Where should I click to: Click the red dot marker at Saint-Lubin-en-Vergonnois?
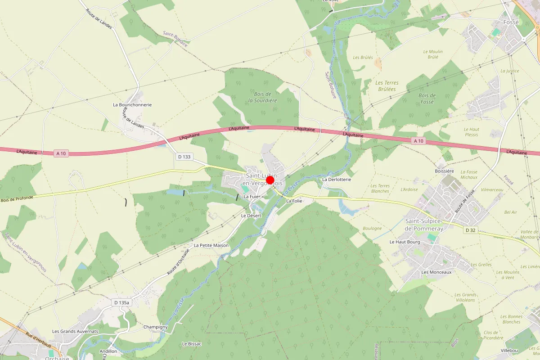[x=270, y=180]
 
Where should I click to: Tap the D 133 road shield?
[x=184, y=157]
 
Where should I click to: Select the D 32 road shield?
[x=470, y=230]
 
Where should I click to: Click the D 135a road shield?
[x=121, y=303]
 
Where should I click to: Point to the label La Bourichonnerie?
[x=132, y=105]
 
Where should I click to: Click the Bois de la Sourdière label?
[x=262, y=97]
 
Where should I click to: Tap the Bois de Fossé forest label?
[x=427, y=99]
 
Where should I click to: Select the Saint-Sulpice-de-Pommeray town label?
[x=424, y=225]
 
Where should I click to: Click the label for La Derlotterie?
[x=336, y=179]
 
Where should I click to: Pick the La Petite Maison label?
[x=211, y=246]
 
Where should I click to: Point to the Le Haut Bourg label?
[x=405, y=242]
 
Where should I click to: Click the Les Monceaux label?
[x=436, y=272]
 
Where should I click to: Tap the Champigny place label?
[x=156, y=327]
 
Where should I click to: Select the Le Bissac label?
[x=192, y=344]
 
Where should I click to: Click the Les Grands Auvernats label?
[x=75, y=332]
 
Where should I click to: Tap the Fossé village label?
[x=511, y=22]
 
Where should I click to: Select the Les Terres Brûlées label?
[x=387, y=86]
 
